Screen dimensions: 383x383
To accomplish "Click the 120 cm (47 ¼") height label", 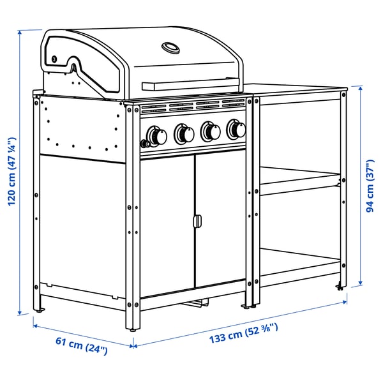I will (11, 172).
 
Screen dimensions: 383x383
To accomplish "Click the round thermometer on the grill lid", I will (172, 48).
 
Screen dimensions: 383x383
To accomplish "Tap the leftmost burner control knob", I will (155, 135).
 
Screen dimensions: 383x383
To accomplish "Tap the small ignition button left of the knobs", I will (142, 142).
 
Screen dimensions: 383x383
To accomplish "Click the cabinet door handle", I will (197, 221).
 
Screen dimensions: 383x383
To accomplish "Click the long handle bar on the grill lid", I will (192, 84).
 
